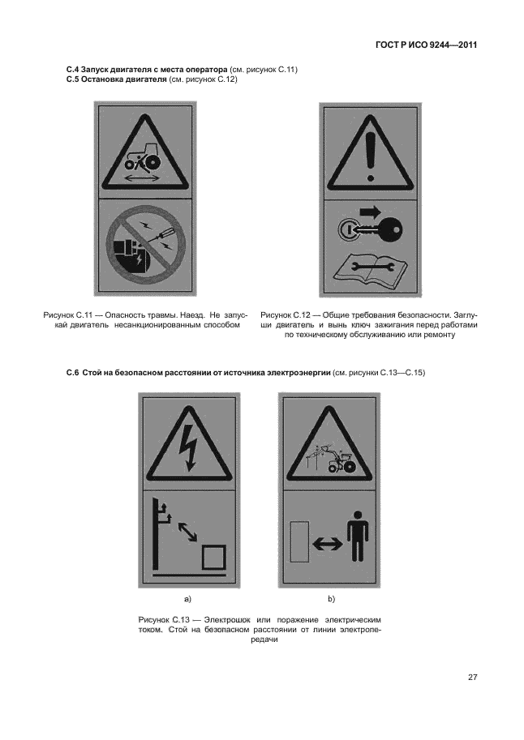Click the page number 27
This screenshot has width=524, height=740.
tap(473, 678)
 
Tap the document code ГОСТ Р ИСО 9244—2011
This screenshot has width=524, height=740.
tap(426, 45)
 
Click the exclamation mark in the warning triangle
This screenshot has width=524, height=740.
tap(371, 155)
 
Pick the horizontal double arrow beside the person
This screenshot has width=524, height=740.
tap(328, 544)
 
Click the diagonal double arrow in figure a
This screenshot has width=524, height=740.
tap(187, 532)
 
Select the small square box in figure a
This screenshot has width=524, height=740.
tap(213, 556)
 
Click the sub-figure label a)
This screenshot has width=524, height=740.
tap(187, 599)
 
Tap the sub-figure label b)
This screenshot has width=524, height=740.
tap(331, 599)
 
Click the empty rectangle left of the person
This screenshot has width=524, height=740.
tap(299, 541)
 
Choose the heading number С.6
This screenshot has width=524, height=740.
tap(71, 373)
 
